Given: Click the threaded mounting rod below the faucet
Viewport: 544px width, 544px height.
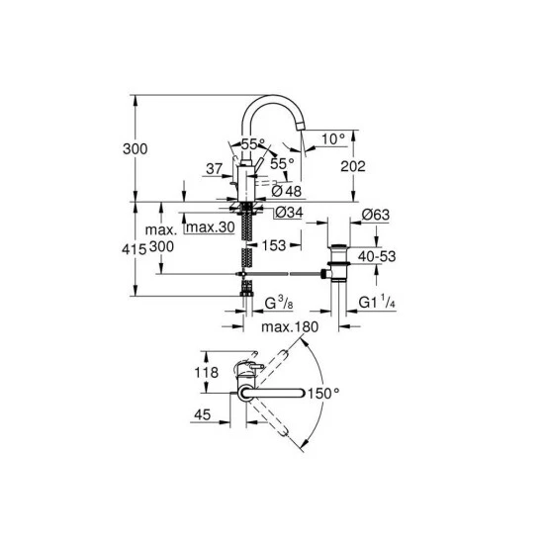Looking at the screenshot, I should (x=246, y=242).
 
